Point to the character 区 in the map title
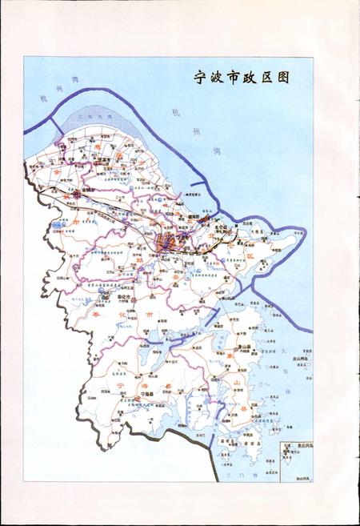(x=275, y=77)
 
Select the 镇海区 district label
(x=192, y=217)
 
